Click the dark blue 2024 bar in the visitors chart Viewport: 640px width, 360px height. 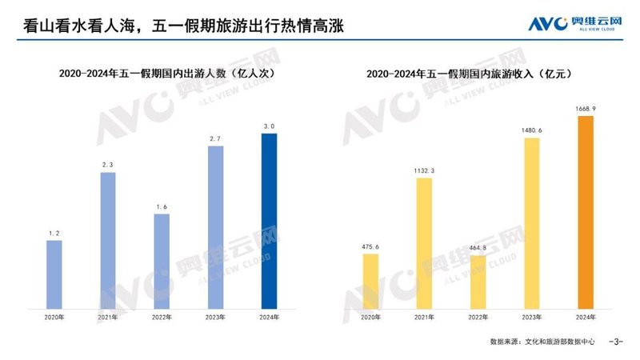270,221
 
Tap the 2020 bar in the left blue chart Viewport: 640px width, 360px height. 54,274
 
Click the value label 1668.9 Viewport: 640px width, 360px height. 586,108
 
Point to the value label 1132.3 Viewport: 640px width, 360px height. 424,170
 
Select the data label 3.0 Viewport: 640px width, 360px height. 270,126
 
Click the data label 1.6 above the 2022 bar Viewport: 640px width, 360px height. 162,206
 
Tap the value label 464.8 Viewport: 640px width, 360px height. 478,247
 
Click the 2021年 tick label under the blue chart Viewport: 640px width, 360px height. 108,318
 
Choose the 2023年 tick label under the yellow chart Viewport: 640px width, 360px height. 532,318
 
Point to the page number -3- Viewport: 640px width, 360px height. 616,342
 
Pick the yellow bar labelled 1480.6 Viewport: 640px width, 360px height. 532,223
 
